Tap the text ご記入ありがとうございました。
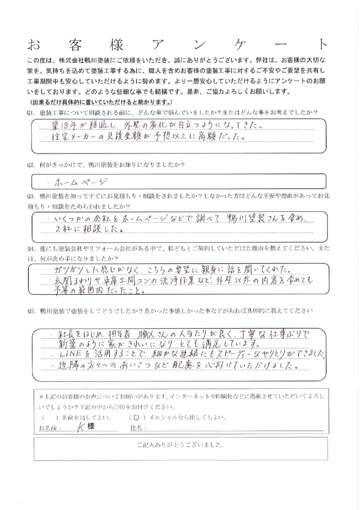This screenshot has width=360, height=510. pos(179,444)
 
